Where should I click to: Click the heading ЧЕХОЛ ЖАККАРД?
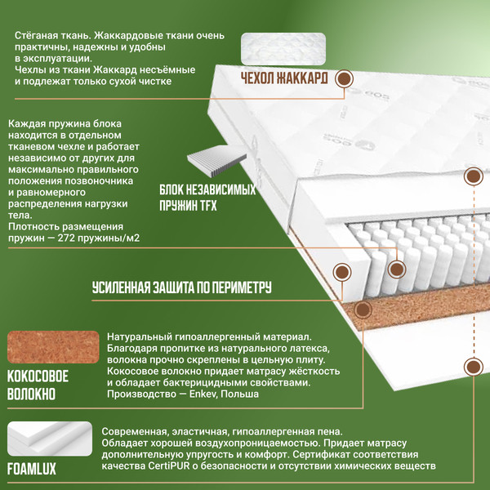pyautogui.click(x=284, y=78)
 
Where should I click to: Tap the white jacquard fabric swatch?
pyautogui.click(x=283, y=49)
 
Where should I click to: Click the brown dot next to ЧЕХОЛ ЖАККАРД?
pyautogui.click(x=344, y=78)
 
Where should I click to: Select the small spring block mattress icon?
pyautogui.click(x=216, y=162)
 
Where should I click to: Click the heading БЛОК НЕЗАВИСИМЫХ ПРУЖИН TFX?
pyautogui.click(x=207, y=198)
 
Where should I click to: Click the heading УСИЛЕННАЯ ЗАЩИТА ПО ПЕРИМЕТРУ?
pyautogui.click(x=181, y=287)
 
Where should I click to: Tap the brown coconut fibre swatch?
pyautogui.click(x=53, y=347)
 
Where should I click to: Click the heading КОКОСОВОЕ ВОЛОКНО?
pyautogui.click(x=38, y=385)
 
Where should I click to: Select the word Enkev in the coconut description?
pyautogui.click(x=203, y=394)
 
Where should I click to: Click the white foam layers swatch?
pyautogui.click(x=50, y=439)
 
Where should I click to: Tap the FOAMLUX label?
pyautogui.click(x=32, y=469)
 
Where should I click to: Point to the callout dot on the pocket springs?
pyautogui.click(x=397, y=269)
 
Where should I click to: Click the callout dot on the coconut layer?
pyautogui.click(x=363, y=310)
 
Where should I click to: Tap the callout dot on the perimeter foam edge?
pyautogui.click(x=342, y=272)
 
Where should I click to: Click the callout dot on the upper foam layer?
pyautogui.click(x=474, y=176)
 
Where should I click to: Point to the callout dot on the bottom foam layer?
pyautogui.click(x=474, y=367)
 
